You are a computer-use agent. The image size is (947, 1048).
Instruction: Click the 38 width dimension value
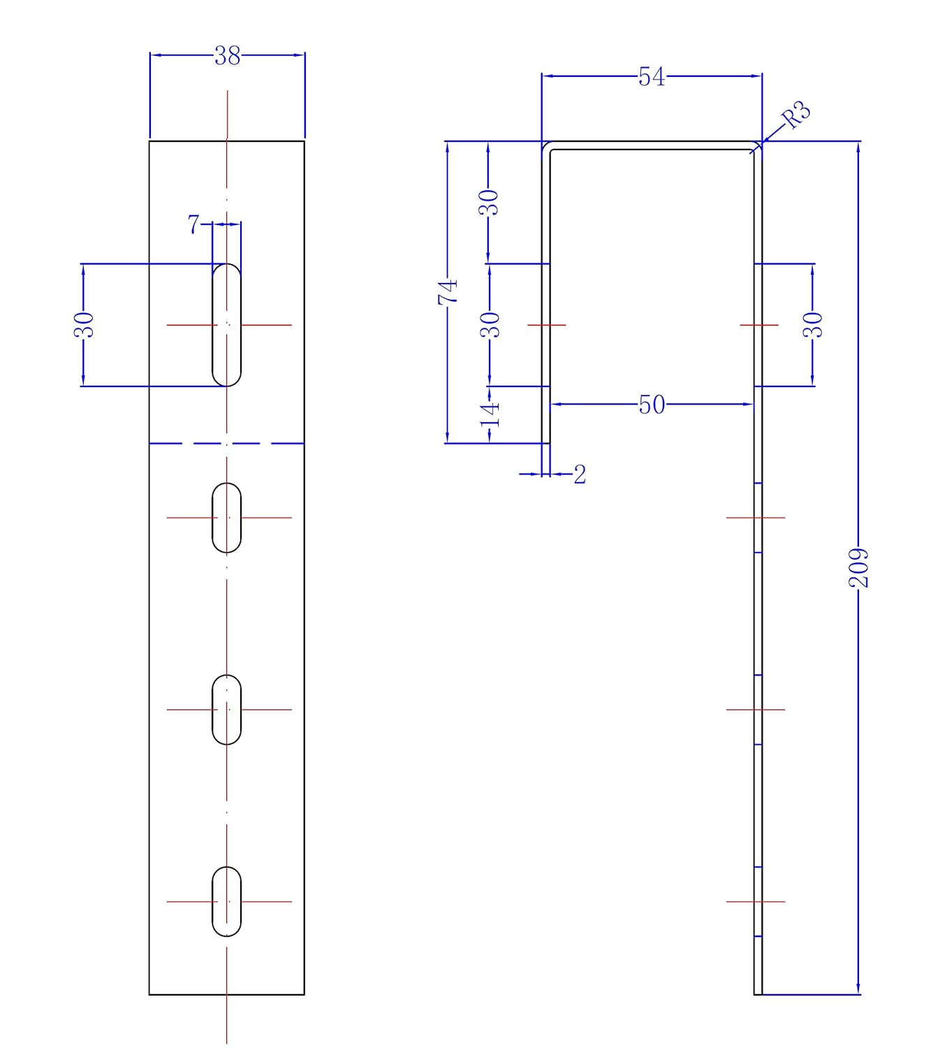pyautogui.click(x=227, y=56)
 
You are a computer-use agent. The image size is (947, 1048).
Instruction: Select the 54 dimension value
pyautogui.click(x=652, y=77)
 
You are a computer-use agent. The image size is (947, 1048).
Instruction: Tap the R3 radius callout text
pyautogui.click(x=796, y=115)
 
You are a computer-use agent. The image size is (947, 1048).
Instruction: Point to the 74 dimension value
pyautogui.click(x=448, y=292)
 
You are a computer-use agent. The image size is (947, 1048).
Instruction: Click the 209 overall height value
pyautogui.click(x=858, y=568)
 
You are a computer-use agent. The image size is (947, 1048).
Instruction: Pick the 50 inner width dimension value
pyautogui.click(x=652, y=405)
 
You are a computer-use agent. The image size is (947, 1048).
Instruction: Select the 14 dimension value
pyautogui.click(x=490, y=415)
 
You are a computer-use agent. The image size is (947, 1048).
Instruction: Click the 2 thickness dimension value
pyautogui.click(x=580, y=474)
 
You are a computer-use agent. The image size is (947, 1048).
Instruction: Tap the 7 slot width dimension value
pyautogui.click(x=193, y=224)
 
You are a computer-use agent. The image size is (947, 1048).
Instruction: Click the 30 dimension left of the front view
pyautogui.click(x=84, y=325)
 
